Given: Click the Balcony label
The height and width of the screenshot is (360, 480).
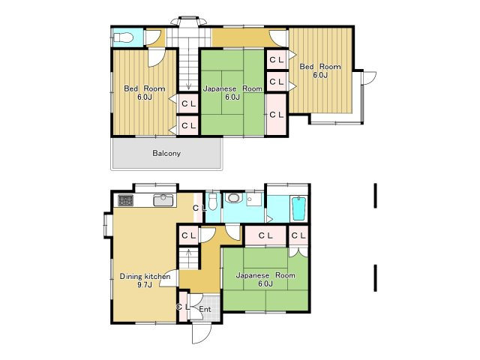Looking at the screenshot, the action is tap(166, 153).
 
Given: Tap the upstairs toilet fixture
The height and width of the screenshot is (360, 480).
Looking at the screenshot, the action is tap(123, 38).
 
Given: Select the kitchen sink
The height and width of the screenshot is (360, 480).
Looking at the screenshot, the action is tap(163, 200).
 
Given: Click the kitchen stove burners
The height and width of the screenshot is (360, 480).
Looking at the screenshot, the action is tap(126, 200).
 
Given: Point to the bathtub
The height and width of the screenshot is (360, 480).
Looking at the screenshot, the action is tap(299, 208).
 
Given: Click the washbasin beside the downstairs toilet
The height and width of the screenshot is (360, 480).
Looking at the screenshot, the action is tap(233, 198).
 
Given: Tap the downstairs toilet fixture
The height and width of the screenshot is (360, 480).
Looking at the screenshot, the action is tap(212, 202).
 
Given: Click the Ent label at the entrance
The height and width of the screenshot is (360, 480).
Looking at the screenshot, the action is tap(205, 309).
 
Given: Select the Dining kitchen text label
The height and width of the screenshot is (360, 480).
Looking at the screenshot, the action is tap(145, 276).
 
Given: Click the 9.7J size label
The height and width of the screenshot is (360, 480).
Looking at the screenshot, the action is tap(145, 285).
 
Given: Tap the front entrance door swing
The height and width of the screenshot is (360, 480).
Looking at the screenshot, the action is tap(202, 333).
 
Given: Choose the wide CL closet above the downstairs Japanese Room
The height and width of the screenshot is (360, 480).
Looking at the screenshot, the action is tap(265, 235).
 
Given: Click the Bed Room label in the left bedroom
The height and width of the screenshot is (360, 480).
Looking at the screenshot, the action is tap(145, 88).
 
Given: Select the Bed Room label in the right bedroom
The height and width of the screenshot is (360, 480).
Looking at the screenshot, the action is tap(320, 67).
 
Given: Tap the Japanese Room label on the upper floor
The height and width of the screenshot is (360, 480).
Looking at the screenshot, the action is tap(232, 88).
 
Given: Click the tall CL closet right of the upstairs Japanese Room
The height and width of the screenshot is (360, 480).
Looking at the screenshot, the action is tap(276, 115).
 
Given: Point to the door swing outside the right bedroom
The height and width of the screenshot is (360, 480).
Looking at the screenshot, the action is tap(369, 78).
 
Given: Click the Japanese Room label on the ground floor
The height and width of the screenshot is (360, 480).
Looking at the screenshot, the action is tap(265, 275).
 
